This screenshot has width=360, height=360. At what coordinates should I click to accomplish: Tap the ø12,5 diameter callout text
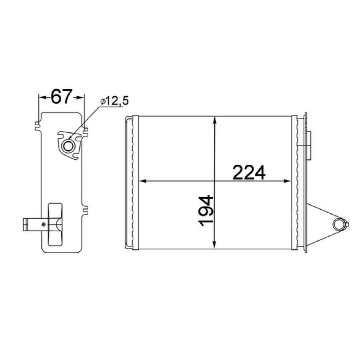[x=114, y=101]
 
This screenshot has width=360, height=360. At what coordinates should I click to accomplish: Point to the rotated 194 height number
[x=206, y=211]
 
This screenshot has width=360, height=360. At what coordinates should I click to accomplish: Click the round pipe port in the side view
[x=68, y=146]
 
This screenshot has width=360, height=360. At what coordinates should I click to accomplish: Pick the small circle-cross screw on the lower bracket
[x=44, y=224]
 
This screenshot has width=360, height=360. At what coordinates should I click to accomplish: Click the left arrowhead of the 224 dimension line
[x=143, y=181]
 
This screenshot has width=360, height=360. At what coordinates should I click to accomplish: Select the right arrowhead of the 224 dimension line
[x=288, y=181]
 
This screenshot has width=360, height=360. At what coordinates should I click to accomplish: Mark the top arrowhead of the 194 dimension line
[x=215, y=120]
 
